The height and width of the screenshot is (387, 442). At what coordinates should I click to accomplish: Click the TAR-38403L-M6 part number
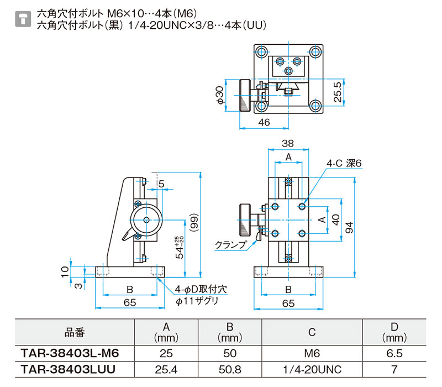(70, 353)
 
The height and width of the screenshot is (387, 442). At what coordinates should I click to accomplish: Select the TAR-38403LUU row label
(68, 369)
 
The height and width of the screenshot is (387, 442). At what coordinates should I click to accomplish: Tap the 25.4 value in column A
(166, 369)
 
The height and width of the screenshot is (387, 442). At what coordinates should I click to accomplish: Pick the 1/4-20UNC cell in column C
(312, 369)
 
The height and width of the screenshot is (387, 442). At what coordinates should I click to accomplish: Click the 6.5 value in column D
(394, 353)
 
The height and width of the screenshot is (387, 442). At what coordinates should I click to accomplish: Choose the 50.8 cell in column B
(230, 369)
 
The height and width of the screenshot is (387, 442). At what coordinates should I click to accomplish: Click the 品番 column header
(75, 332)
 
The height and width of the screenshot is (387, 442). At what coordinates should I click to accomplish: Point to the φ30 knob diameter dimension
(220, 95)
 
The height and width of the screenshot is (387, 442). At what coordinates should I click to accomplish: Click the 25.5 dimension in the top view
(337, 92)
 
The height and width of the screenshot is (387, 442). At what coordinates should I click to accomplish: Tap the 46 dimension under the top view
(264, 122)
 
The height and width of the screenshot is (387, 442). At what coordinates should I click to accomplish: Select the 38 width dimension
(288, 143)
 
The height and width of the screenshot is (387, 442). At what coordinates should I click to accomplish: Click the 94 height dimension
(349, 227)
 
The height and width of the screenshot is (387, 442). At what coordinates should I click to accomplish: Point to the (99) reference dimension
(194, 223)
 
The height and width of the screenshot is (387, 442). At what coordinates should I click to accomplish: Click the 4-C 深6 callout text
(344, 163)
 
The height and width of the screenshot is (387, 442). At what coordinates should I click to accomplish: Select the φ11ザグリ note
(197, 301)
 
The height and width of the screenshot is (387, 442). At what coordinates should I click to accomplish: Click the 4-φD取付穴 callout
(201, 289)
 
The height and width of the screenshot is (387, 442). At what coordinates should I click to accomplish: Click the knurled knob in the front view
(245, 220)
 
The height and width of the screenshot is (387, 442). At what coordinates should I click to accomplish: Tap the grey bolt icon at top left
(23, 19)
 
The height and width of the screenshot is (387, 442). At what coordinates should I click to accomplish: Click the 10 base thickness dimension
(65, 271)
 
